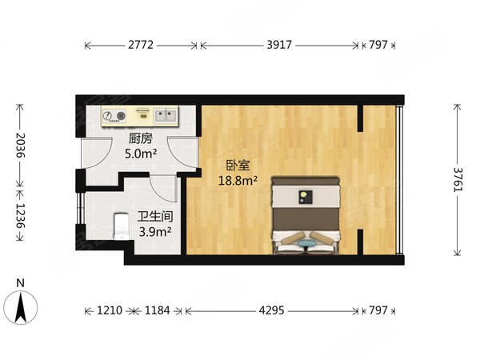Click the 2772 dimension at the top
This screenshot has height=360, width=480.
pyautogui.click(x=141, y=45)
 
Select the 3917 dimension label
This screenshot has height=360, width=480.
pyautogui.click(x=279, y=45)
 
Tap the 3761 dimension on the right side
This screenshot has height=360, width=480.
pyautogui.click(x=458, y=180)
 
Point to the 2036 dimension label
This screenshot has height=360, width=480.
pyautogui.click(x=21, y=145)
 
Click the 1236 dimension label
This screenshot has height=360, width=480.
pyautogui.click(x=21, y=216)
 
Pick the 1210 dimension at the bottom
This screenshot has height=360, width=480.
pyautogui.click(x=110, y=310)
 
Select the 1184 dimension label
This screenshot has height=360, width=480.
pyautogui.click(x=157, y=310)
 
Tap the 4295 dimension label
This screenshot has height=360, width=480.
pyautogui.click(x=271, y=310)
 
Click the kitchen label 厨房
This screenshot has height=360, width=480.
pyautogui.click(x=140, y=138)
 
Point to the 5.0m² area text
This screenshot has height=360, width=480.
pyautogui.click(x=141, y=154)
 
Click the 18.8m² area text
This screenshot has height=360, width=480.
pyautogui.click(x=238, y=181)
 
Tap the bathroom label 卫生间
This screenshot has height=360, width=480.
pyautogui.click(x=155, y=217)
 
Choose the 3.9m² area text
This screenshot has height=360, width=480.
pyautogui.click(x=155, y=232)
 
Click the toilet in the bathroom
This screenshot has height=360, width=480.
pyautogui.click(x=122, y=226)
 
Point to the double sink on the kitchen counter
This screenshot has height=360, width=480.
pyautogui.click(x=166, y=115)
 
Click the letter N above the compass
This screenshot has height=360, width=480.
pyautogui.click(x=20, y=283)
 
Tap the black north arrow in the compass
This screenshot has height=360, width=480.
pyautogui.click(x=21, y=307)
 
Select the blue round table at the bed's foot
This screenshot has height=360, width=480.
pyautogui.click(x=307, y=244)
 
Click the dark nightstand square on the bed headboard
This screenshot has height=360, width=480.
pyautogui.click(x=306, y=197)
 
